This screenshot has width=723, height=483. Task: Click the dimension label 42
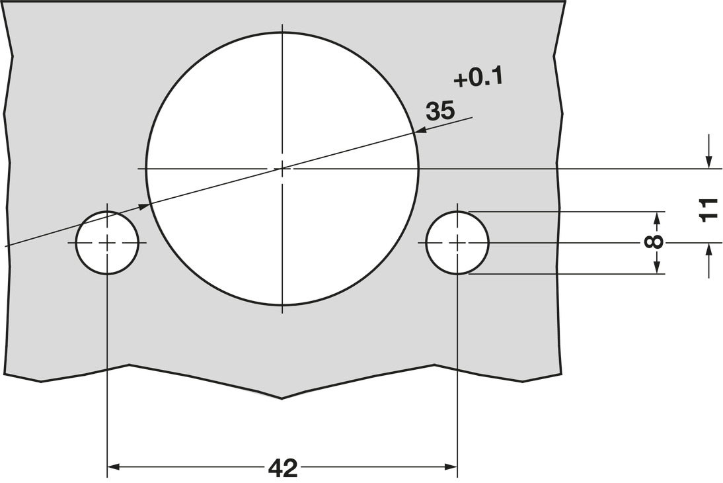click(x=283, y=468)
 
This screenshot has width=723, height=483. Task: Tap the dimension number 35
click(x=440, y=111)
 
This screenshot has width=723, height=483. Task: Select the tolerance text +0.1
click(x=478, y=78)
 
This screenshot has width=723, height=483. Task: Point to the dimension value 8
click(x=654, y=242)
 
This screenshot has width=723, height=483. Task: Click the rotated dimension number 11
click(x=708, y=210)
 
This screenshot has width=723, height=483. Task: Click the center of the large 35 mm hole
click(x=282, y=169)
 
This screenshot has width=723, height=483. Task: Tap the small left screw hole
click(x=107, y=243)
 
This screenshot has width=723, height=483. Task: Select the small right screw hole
click(x=457, y=243)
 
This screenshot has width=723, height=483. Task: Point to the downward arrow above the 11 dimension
click(x=708, y=162)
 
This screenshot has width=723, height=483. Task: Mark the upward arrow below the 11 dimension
click(x=708, y=250)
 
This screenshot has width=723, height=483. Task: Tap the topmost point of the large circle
click(x=282, y=31)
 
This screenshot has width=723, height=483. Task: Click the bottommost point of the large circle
click(x=282, y=306)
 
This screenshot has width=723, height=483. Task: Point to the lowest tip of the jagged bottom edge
click(x=282, y=398)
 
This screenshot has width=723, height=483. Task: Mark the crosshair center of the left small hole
click(x=107, y=243)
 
